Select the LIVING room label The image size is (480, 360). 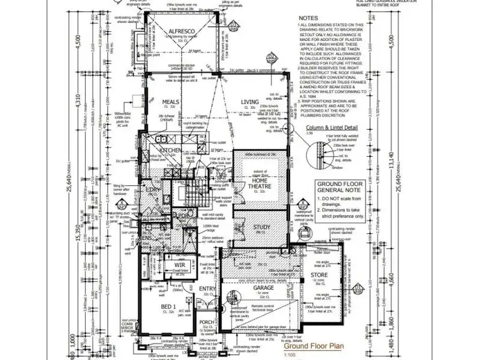click(250, 102)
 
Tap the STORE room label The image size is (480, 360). click(320, 276)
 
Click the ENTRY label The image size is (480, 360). click(208, 289)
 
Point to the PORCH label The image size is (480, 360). click(205, 323)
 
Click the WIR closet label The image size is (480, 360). click(171, 264)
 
